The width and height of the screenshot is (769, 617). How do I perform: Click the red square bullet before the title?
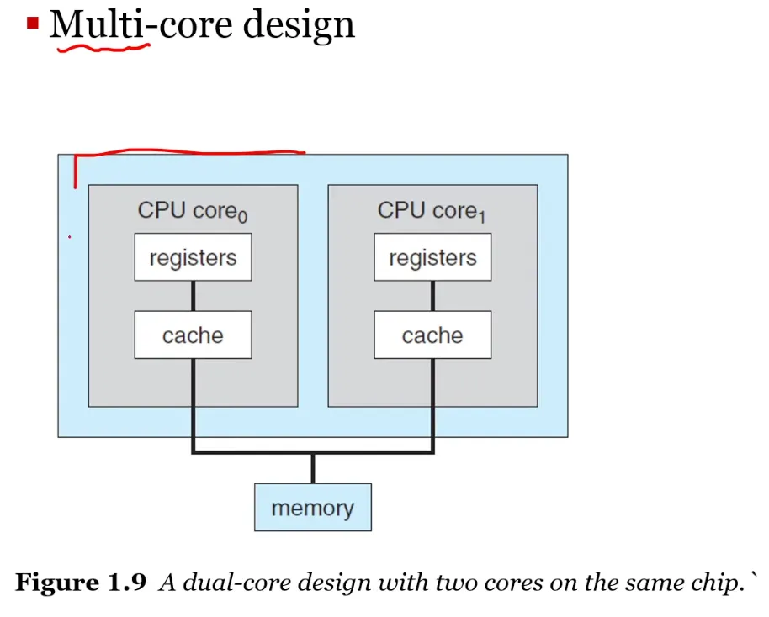click(33, 23)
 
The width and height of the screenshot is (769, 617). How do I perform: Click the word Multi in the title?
click(97, 24)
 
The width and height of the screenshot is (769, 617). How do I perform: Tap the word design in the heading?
click(299, 25)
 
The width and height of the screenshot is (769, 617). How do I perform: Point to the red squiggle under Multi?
click(103, 48)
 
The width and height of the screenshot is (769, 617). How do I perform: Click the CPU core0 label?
click(193, 211)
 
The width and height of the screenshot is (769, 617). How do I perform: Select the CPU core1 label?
click(432, 211)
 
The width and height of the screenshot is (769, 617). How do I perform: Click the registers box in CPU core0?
click(194, 257)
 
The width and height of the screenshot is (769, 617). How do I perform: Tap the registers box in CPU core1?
click(432, 257)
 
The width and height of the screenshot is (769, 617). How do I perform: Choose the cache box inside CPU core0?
click(194, 335)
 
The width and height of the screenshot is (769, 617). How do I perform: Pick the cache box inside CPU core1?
click(432, 335)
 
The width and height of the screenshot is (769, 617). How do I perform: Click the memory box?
click(313, 507)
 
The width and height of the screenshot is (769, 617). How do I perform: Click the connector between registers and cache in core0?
click(194, 296)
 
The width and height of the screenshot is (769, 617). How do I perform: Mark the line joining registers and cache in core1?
click(432, 296)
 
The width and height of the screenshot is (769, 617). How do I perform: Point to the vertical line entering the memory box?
click(313, 468)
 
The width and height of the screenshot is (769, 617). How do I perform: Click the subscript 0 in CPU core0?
click(243, 216)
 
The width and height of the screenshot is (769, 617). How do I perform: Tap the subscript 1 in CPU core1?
click(482, 216)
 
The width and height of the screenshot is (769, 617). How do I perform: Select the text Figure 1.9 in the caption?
click(81, 583)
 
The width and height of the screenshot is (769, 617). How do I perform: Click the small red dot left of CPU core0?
click(70, 237)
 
